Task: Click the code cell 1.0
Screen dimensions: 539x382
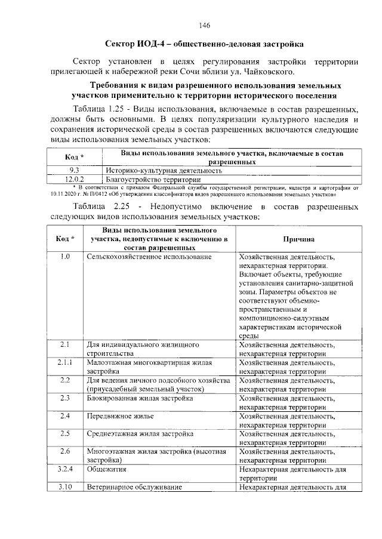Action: point(66,257)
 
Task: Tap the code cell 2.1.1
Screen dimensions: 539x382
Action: point(66,362)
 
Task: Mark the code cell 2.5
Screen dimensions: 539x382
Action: point(66,433)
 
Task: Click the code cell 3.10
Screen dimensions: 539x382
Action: point(66,487)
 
